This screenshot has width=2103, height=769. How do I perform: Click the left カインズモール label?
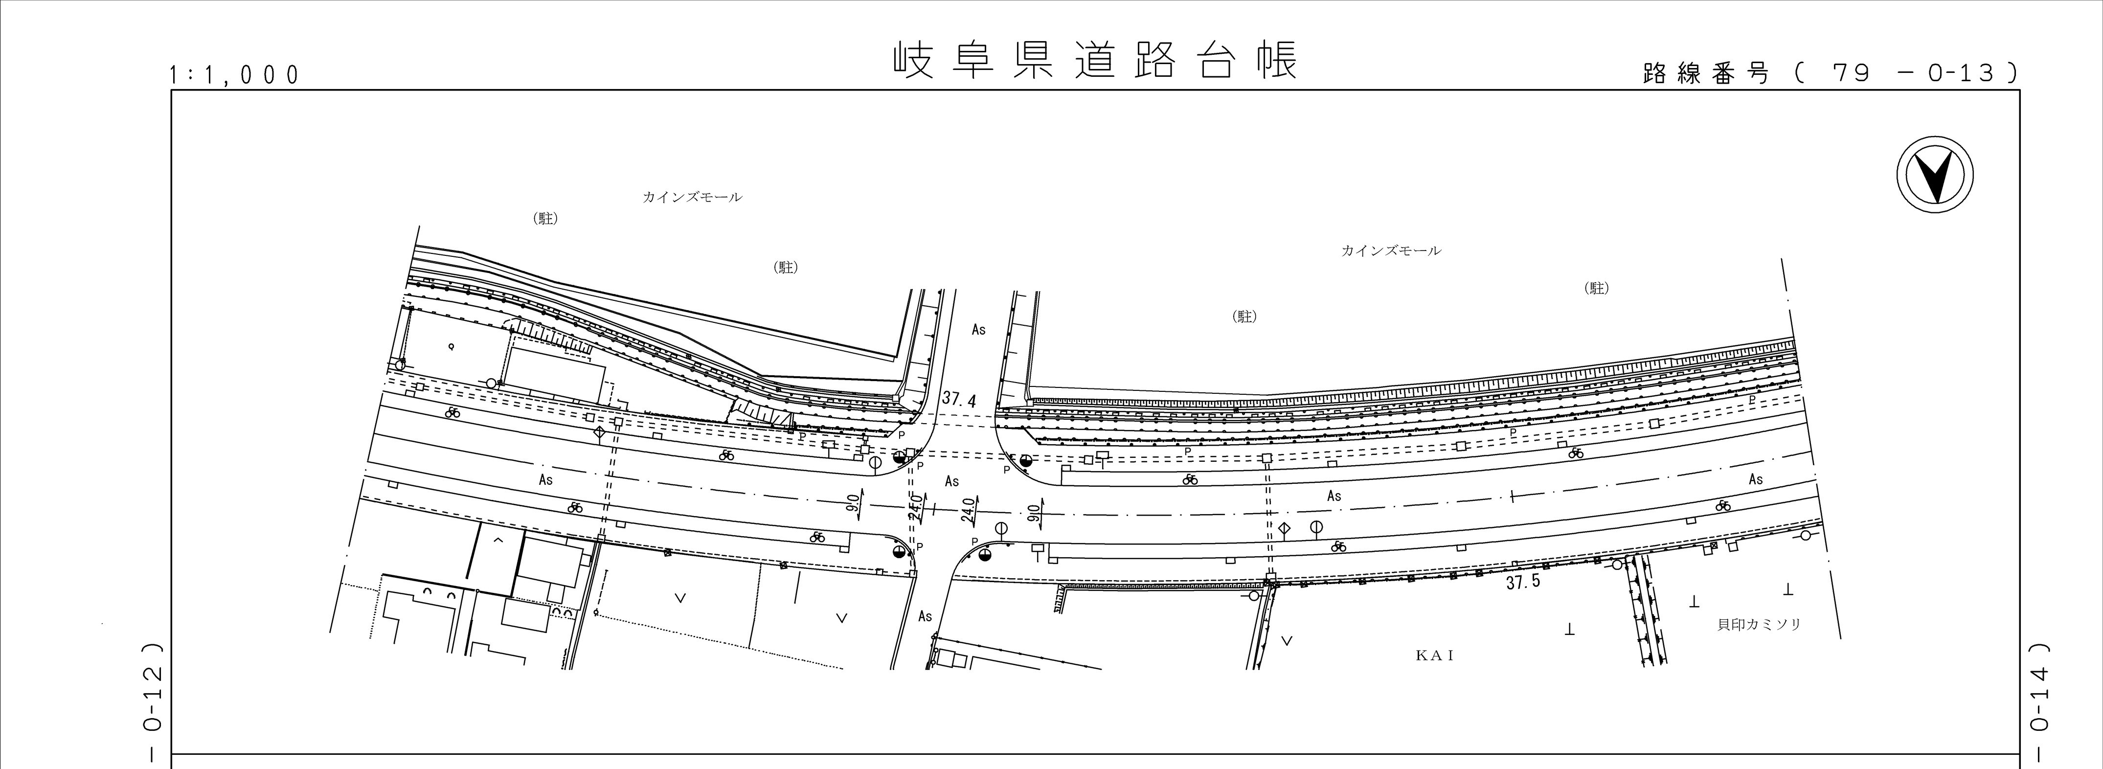point(692,197)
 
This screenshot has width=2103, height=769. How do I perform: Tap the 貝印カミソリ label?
point(1759,625)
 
